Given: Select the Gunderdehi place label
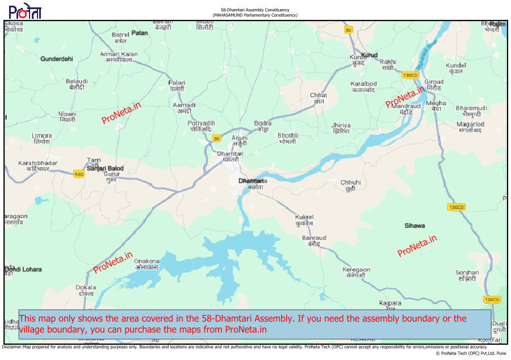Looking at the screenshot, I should point(57,58).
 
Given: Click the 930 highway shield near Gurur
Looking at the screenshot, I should point(78,174).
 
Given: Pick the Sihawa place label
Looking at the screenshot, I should point(414,225).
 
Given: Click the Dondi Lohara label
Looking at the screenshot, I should point(23,269).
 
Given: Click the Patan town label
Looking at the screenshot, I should point(140,33).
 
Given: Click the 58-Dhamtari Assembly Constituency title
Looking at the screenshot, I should point(255,10).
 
